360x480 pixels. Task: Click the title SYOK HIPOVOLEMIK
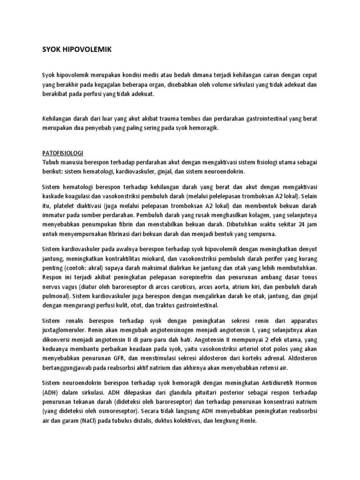(x=74, y=50)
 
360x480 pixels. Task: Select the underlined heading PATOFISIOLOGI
(x=63, y=153)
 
